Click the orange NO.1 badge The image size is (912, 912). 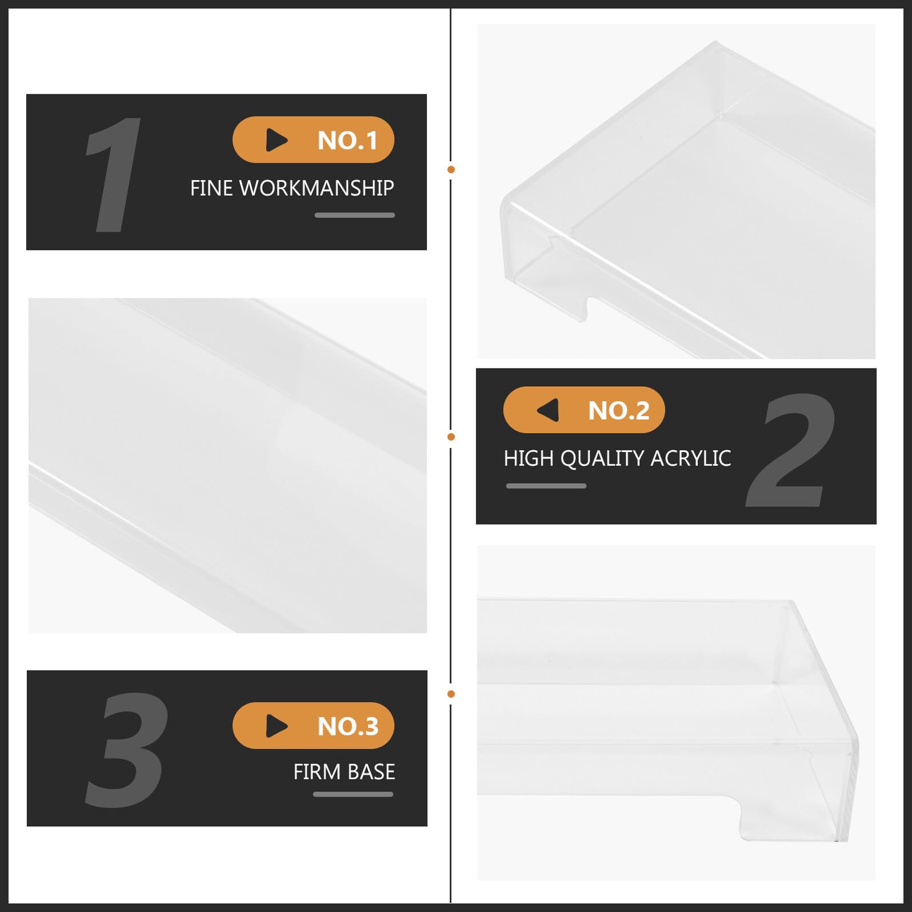coord(313,140)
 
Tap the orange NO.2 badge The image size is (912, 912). coord(584,410)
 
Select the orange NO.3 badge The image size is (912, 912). coord(313,726)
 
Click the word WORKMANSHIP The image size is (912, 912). coord(317,188)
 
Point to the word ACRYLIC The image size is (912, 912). coord(690,458)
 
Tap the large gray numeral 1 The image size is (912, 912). coord(114,174)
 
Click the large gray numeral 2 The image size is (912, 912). coord(790,450)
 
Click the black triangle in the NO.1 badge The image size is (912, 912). coord(277,140)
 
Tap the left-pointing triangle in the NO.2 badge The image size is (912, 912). coord(547,410)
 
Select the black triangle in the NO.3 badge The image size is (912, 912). coord(277,726)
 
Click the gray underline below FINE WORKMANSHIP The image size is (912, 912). coord(355,215)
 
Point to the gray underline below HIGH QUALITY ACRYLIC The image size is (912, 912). coord(546,486)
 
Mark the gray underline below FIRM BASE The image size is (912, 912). coord(353,794)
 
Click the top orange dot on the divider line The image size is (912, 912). coord(451,170)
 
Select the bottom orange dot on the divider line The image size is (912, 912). coord(451,694)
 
